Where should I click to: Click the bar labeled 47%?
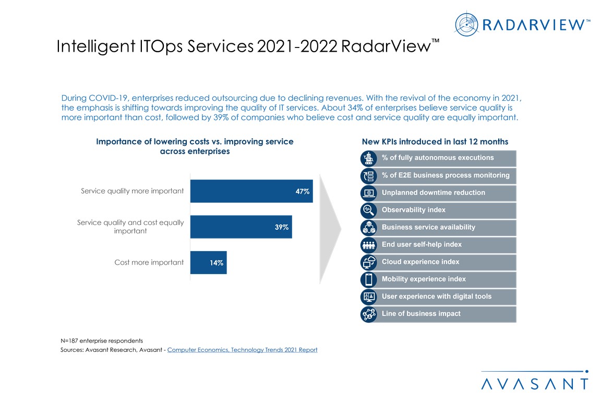pyautogui.click(x=251, y=191)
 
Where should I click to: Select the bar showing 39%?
pyautogui.click(x=241, y=227)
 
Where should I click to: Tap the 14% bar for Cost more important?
pyautogui.click(x=208, y=263)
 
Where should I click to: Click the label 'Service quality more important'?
pyautogui.click(x=132, y=191)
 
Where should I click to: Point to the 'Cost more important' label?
pyautogui.click(x=149, y=263)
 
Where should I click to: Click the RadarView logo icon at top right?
pyautogui.click(x=466, y=25)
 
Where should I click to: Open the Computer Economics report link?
pyautogui.click(x=242, y=350)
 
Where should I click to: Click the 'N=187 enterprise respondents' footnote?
pyautogui.click(x=102, y=340)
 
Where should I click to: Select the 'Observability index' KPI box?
pyautogui.click(x=445, y=210)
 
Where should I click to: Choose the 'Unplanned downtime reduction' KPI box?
pyautogui.click(x=445, y=193)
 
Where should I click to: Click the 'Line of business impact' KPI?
pyautogui.click(x=445, y=314)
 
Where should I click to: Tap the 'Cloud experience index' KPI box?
pyautogui.click(x=445, y=262)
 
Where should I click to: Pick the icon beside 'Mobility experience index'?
pyautogui.click(x=369, y=279)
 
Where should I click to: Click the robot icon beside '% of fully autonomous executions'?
pyautogui.click(x=369, y=158)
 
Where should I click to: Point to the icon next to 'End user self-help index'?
pyautogui.click(x=369, y=244)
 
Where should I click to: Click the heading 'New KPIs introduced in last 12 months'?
pyautogui.click(x=435, y=141)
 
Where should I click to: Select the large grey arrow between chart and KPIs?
pyautogui.click(x=330, y=228)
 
